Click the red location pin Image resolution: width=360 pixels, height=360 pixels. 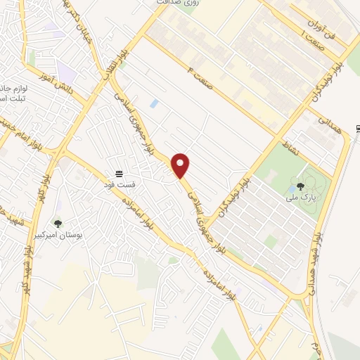(181, 165)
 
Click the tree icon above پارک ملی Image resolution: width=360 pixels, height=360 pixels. (300, 186)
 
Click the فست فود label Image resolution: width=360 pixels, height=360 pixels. (120, 184)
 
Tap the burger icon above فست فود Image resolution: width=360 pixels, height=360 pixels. (120, 173)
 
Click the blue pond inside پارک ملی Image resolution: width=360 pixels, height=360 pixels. (292, 188)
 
